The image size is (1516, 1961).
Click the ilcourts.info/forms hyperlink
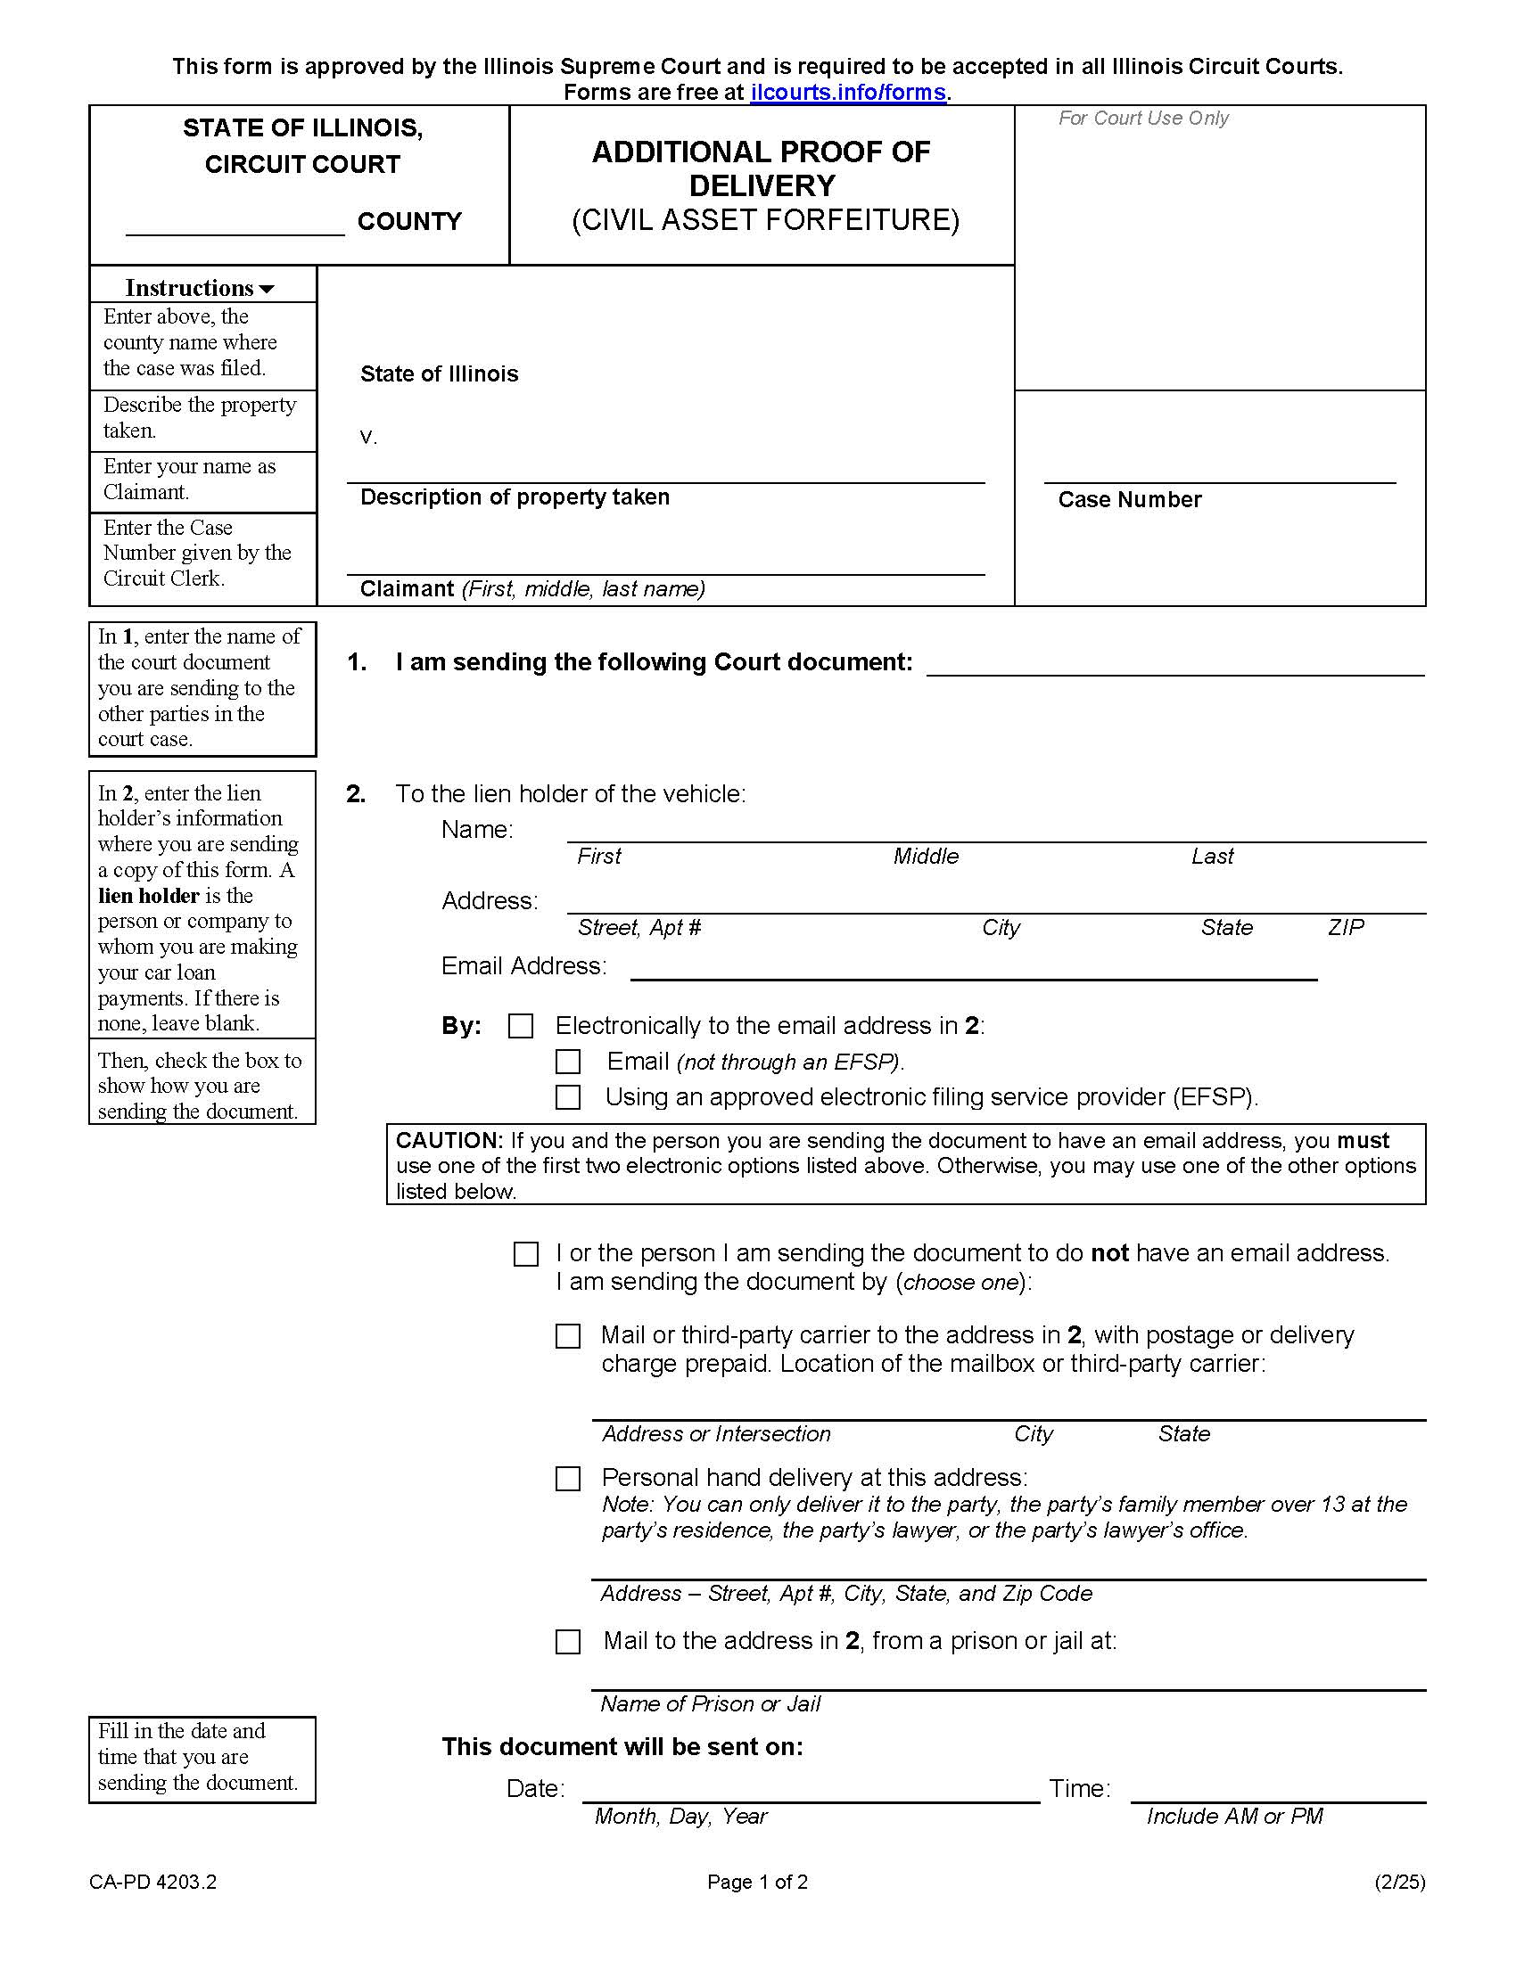pyautogui.click(x=848, y=93)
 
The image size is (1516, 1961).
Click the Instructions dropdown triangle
pyautogui.click(x=267, y=289)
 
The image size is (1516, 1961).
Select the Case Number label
pyautogui.click(x=1129, y=500)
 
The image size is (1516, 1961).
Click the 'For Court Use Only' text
pyautogui.click(x=1142, y=119)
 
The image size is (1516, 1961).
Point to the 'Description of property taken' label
pyautogui.click(x=515, y=497)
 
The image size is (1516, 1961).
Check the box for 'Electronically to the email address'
pyautogui.click(x=521, y=1026)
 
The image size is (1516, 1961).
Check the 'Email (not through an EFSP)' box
pyautogui.click(x=567, y=1063)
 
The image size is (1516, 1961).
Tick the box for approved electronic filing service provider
pyautogui.click(x=567, y=1097)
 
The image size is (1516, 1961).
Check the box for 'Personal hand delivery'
pyautogui.click(x=567, y=1479)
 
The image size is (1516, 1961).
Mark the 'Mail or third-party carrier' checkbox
pyautogui.click(x=567, y=1336)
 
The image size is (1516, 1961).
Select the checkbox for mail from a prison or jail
pyautogui.click(x=567, y=1642)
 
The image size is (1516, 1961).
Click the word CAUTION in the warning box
pyautogui.click(x=449, y=1141)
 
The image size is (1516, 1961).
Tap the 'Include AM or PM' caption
pyautogui.click(x=1234, y=1817)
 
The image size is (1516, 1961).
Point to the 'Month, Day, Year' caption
pyautogui.click(x=680, y=1817)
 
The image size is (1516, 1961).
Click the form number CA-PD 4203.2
pyautogui.click(x=152, y=1882)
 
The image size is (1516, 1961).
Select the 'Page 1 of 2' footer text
pyautogui.click(x=757, y=1882)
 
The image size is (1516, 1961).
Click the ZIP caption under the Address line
pyautogui.click(x=1346, y=928)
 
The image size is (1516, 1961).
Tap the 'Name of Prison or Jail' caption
pyautogui.click(x=710, y=1704)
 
